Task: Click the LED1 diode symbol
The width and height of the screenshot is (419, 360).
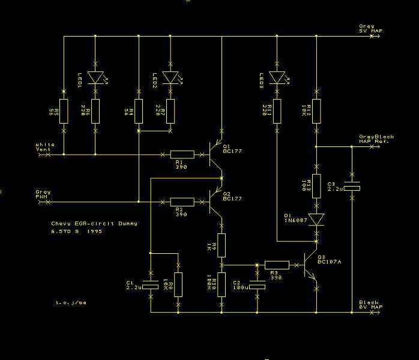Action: click(x=95, y=77)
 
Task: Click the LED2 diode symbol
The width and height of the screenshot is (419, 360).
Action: click(x=170, y=77)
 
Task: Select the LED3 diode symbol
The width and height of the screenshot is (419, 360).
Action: click(x=277, y=77)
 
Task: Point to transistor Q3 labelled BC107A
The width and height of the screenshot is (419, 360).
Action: click(x=309, y=264)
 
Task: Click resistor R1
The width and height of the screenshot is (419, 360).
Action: click(x=182, y=154)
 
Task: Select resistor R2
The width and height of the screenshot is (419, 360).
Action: click(x=182, y=202)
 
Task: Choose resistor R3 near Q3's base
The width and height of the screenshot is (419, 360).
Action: click(x=277, y=264)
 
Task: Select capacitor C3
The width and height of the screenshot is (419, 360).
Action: click(x=352, y=188)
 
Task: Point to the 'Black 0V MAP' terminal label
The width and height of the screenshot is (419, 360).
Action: click(x=370, y=305)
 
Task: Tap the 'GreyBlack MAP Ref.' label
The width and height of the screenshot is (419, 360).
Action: click(x=376, y=139)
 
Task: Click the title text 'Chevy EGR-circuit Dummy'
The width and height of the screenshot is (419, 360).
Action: click(x=94, y=223)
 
